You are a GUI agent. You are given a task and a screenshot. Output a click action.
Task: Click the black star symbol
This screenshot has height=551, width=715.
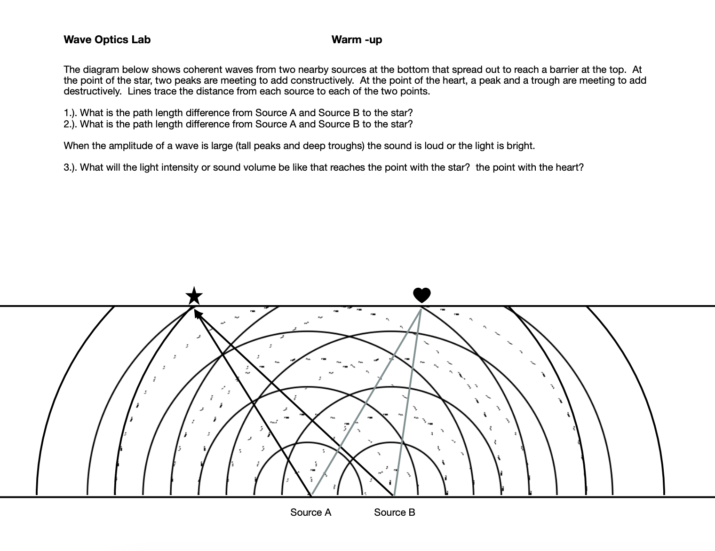[194, 296]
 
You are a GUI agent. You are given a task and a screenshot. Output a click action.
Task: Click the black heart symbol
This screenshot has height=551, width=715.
[422, 295]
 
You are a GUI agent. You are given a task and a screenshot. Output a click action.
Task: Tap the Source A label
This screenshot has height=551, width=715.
[310, 512]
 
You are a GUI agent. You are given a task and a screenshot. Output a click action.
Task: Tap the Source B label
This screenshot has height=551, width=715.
[395, 512]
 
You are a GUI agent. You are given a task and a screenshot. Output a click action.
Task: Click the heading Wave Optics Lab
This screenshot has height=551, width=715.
[107, 39]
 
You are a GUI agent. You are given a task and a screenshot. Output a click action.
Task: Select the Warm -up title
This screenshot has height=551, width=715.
[357, 39]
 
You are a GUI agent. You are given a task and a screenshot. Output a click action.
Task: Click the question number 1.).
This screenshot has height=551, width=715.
[71, 113]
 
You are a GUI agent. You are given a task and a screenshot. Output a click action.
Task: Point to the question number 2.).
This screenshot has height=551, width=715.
[71, 124]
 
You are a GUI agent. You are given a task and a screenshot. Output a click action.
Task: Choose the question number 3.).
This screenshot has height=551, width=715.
[71, 167]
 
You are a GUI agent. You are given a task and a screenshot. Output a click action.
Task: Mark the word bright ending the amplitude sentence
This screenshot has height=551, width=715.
[520, 146]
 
